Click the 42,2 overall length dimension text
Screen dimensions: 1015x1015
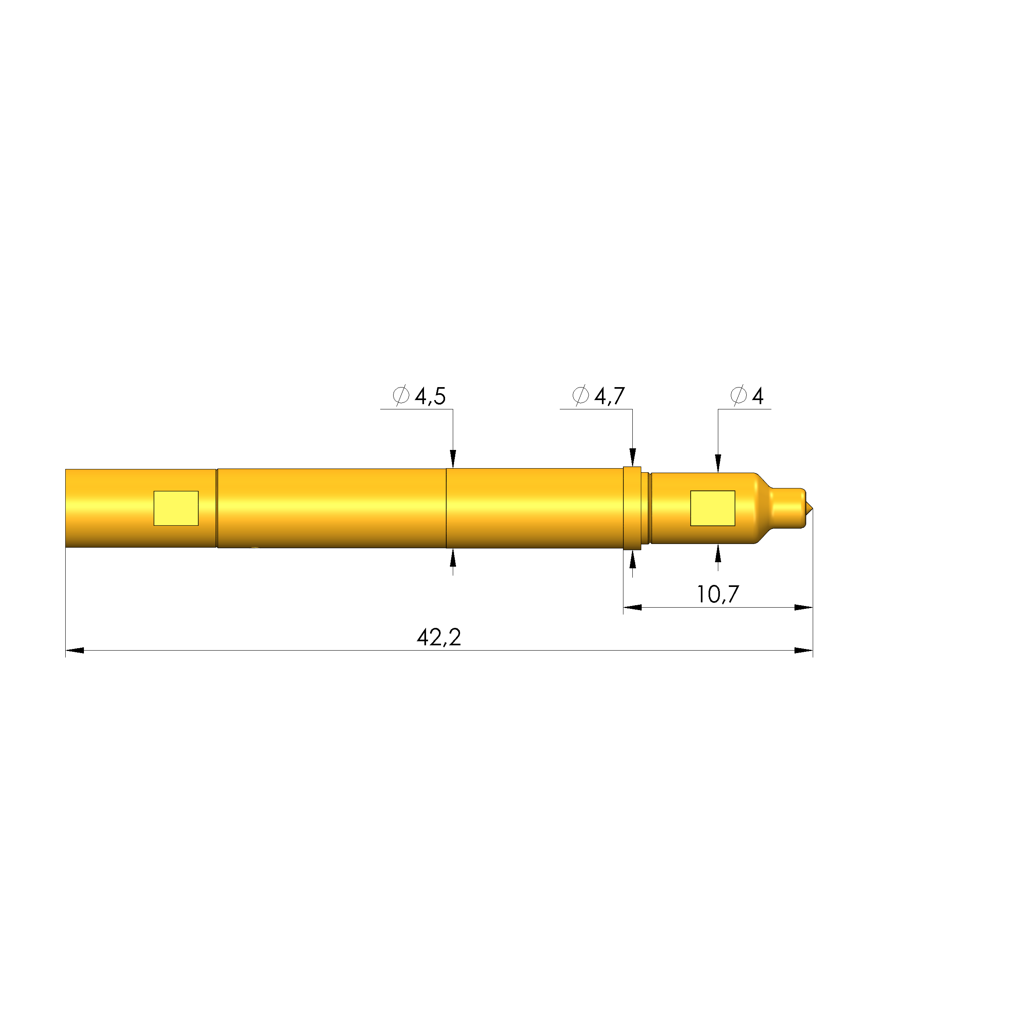pos(439,638)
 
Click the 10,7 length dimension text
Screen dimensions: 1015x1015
pos(717,595)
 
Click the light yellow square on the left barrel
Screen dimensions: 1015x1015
pos(176,508)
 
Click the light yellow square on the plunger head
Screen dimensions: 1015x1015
pos(712,508)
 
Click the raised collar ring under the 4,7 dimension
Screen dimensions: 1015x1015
pos(632,508)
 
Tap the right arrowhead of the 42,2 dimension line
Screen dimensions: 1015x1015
pos(804,651)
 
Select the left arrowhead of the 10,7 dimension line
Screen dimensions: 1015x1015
pos(632,607)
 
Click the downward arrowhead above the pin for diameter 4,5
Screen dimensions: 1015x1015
pos(453,458)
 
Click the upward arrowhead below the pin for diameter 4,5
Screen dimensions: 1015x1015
pos(453,557)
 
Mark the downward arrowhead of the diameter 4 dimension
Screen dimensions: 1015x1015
pos(718,463)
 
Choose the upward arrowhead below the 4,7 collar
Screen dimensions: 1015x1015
pos(632,560)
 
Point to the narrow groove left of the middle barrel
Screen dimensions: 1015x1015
pos(216,508)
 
